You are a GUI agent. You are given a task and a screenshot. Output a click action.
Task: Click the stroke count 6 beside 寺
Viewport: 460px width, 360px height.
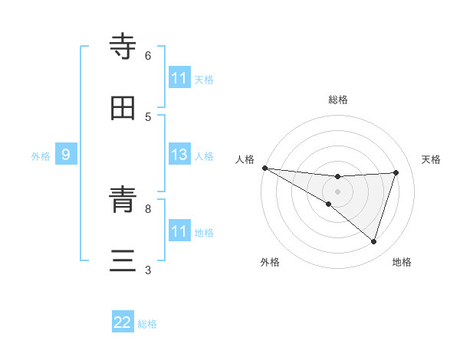pos(148,55)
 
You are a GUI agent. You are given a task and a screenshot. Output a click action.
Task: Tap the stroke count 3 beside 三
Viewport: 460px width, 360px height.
pos(148,270)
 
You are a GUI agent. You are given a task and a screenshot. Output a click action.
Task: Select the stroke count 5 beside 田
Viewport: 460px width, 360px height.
pos(148,116)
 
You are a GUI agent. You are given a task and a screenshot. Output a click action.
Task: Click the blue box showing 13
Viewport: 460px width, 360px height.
pos(179,155)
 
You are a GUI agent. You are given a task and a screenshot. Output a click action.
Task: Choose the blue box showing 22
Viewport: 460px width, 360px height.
pos(123,323)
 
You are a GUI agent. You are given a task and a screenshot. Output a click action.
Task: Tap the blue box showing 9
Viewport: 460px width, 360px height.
pos(66,155)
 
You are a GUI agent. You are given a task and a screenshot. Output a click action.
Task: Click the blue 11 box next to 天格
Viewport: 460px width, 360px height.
pos(179,78)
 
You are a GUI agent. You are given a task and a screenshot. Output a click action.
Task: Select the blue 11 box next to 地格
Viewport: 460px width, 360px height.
pos(179,231)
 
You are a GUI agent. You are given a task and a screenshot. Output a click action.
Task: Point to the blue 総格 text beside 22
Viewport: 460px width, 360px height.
pos(147,324)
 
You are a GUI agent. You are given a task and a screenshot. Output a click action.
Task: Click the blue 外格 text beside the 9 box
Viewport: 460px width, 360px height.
pos(41,155)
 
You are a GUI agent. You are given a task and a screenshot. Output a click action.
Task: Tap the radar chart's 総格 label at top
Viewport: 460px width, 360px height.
pos(338,100)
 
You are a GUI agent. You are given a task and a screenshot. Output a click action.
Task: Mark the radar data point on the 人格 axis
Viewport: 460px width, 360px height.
pos(264,168)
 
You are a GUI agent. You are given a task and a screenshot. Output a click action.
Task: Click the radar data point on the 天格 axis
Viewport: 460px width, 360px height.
pos(396,172)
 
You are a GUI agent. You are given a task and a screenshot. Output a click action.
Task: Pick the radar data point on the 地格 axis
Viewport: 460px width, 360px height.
pos(373,241)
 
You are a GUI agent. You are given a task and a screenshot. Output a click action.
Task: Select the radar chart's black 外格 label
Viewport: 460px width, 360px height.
pos(270,262)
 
